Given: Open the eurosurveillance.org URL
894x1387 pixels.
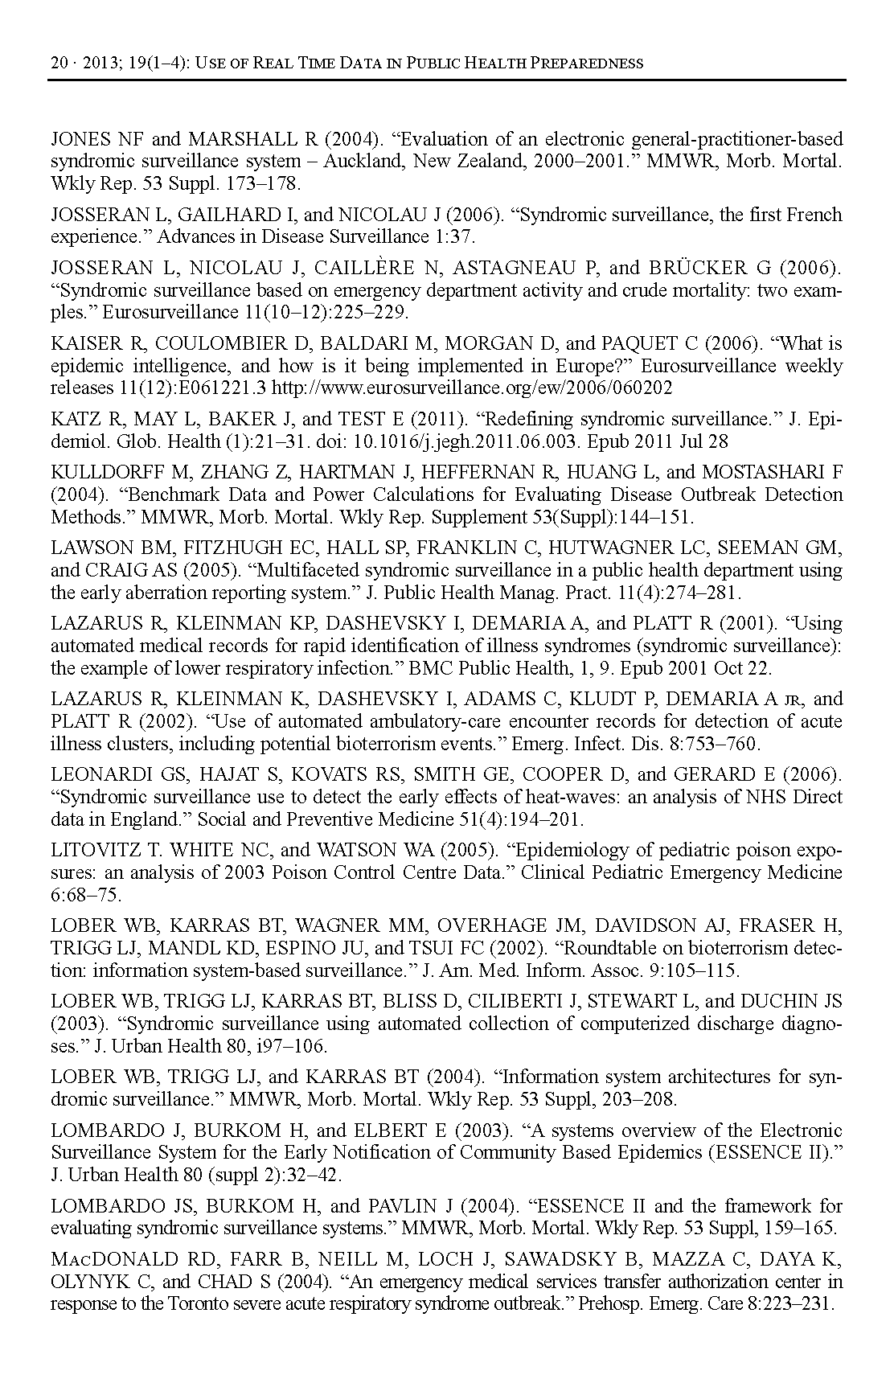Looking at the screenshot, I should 472,388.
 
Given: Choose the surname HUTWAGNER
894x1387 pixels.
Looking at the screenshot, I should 613,548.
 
